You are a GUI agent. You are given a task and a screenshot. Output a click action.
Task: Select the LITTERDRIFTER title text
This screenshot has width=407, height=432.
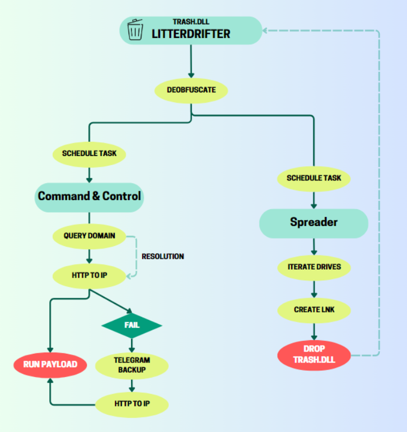tap(190, 34)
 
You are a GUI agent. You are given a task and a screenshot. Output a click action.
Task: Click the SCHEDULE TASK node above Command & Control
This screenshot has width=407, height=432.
tap(89, 153)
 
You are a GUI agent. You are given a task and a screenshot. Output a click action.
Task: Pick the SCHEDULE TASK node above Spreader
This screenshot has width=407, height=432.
tap(314, 178)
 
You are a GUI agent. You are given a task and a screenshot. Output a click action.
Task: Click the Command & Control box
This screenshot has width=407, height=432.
tap(89, 196)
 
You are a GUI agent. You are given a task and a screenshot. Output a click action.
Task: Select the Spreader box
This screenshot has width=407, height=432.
tap(313, 223)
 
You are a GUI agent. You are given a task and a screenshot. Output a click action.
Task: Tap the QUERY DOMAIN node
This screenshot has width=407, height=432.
tap(89, 236)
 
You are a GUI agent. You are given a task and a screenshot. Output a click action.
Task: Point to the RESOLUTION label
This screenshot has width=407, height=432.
tap(163, 256)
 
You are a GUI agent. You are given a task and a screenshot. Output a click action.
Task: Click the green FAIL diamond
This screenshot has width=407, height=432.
tap(132, 325)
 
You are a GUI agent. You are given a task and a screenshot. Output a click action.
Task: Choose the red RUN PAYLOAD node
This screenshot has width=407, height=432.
tap(50, 365)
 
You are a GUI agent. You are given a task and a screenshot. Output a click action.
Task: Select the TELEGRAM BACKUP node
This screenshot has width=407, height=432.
tap(132, 365)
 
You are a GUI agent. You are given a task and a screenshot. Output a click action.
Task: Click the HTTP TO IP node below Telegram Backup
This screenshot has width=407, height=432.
tap(132, 404)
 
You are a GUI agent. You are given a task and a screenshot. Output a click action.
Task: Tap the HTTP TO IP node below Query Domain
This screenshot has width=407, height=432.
tap(89, 276)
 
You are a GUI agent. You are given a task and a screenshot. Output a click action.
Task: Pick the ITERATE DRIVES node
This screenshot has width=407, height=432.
tap(314, 267)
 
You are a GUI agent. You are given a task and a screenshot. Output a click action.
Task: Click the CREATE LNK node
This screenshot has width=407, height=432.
tap(314, 310)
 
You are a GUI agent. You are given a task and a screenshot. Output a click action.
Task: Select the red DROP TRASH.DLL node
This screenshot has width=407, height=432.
tap(313, 355)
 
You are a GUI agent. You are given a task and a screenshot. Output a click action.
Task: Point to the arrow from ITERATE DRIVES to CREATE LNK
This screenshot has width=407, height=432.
tap(314, 289)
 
